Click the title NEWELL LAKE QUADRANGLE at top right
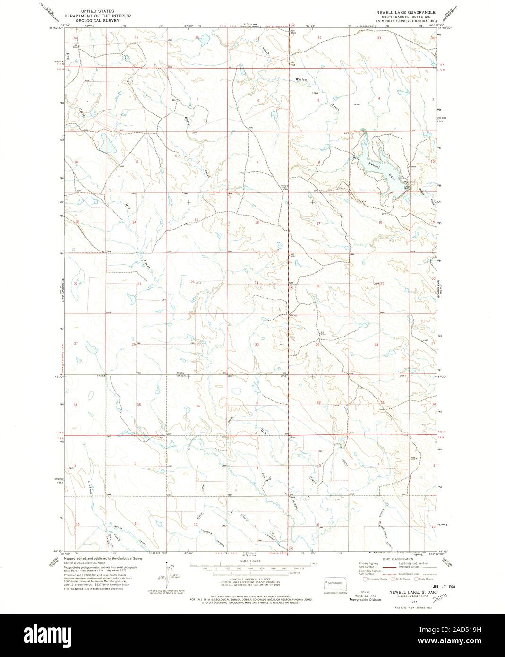click(x=410, y=9)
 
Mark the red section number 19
click(x=257, y=282)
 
